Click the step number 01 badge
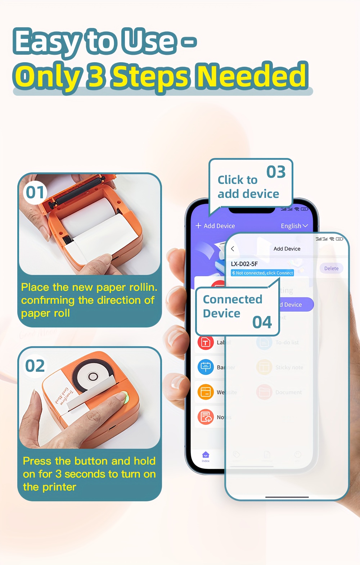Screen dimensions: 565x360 (x=35, y=193)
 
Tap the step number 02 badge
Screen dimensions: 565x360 (x=35, y=366)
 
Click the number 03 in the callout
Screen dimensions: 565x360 (x=276, y=172)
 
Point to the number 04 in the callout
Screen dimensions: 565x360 (x=262, y=322)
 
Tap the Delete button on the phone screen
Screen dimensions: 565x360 (x=331, y=268)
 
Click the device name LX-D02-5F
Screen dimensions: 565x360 (x=244, y=264)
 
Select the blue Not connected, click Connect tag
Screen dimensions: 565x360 (x=262, y=273)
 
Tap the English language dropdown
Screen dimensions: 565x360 (x=294, y=226)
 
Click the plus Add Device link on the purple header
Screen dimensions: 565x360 (x=215, y=226)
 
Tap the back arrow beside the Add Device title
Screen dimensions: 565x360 (x=233, y=249)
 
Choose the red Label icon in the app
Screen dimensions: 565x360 (x=206, y=342)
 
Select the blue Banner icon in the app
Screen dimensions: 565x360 (x=206, y=367)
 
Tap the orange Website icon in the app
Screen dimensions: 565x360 (x=206, y=392)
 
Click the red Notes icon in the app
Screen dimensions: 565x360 (x=206, y=417)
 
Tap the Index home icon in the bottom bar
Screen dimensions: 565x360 (x=206, y=456)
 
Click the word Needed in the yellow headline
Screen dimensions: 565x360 (x=252, y=76)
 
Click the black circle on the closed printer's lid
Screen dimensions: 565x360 (x=93, y=376)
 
